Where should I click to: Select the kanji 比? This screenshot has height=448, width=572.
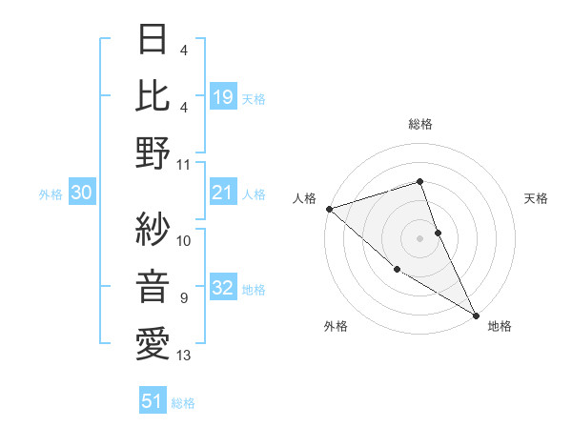pyautogui.click(x=152, y=96)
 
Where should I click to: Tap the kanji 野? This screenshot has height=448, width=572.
pyautogui.click(x=152, y=153)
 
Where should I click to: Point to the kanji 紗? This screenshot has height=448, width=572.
pyautogui.click(x=152, y=228)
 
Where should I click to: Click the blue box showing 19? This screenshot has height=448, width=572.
pyautogui.click(x=223, y=96)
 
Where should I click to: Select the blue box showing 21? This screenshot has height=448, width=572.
pyautogui.click(x=223, y=193)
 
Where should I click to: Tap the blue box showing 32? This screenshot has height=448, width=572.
pyautogui.click(x=223, y=290)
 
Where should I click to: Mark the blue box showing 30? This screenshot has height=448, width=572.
pyautogui.click(x=82, y=193)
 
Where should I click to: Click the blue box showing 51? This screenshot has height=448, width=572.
pyautogui.click(x=153, y=402)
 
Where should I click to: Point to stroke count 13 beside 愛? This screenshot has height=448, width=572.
pyautogui.click(x=184, y=356)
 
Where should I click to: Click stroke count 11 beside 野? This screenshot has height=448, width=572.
pyautogui.click(x=184, y=164)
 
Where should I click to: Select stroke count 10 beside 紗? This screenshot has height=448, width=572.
pyautogui.click(x=184, y=240)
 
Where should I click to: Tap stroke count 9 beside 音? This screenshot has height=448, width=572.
pyautogui.click(x=184, y=298)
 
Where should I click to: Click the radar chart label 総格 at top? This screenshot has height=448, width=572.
pyautogui.click(x=419, y=125)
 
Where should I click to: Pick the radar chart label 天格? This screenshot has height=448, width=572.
pyautogui.click(x=537, y=198)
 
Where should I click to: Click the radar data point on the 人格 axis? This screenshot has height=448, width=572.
pyautogui.click(x=329, y=208)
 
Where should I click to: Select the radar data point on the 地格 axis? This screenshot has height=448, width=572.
pyautogui.click(x=476, y=315)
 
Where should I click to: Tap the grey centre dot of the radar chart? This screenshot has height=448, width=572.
pyautogui.click(x=419, y=237)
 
